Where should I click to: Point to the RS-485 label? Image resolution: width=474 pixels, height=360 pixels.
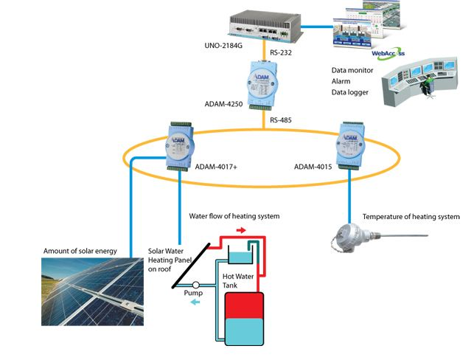283,120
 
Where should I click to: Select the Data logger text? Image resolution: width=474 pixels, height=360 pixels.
352,93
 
